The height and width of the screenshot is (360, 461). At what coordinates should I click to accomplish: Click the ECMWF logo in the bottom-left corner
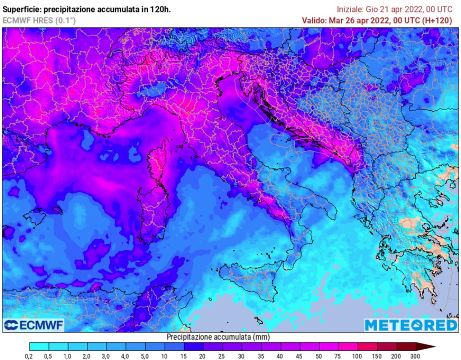coord(34,325)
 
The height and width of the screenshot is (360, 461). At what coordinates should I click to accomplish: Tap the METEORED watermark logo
coord(411,325)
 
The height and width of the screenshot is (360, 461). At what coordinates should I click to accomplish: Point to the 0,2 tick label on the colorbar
coord(30,356)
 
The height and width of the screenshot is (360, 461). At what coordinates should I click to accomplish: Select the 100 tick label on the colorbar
coord(358,356)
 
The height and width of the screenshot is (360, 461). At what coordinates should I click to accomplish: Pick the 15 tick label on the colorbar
coord(184,356)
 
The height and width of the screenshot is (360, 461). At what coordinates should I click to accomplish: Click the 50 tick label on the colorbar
coord(319,356)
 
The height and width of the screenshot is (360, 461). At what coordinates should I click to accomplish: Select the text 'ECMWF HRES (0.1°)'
coord(39,20)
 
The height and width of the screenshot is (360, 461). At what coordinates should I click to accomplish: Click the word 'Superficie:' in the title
coord(22,9)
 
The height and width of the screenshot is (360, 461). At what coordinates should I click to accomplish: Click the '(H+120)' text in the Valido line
coord(437,20)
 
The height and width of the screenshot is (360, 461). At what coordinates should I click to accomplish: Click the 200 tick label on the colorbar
coord(397,356)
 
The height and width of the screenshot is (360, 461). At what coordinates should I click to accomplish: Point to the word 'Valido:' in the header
coord(315,20)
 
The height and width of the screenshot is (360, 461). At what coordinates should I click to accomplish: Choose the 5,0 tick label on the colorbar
coord(145,356)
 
